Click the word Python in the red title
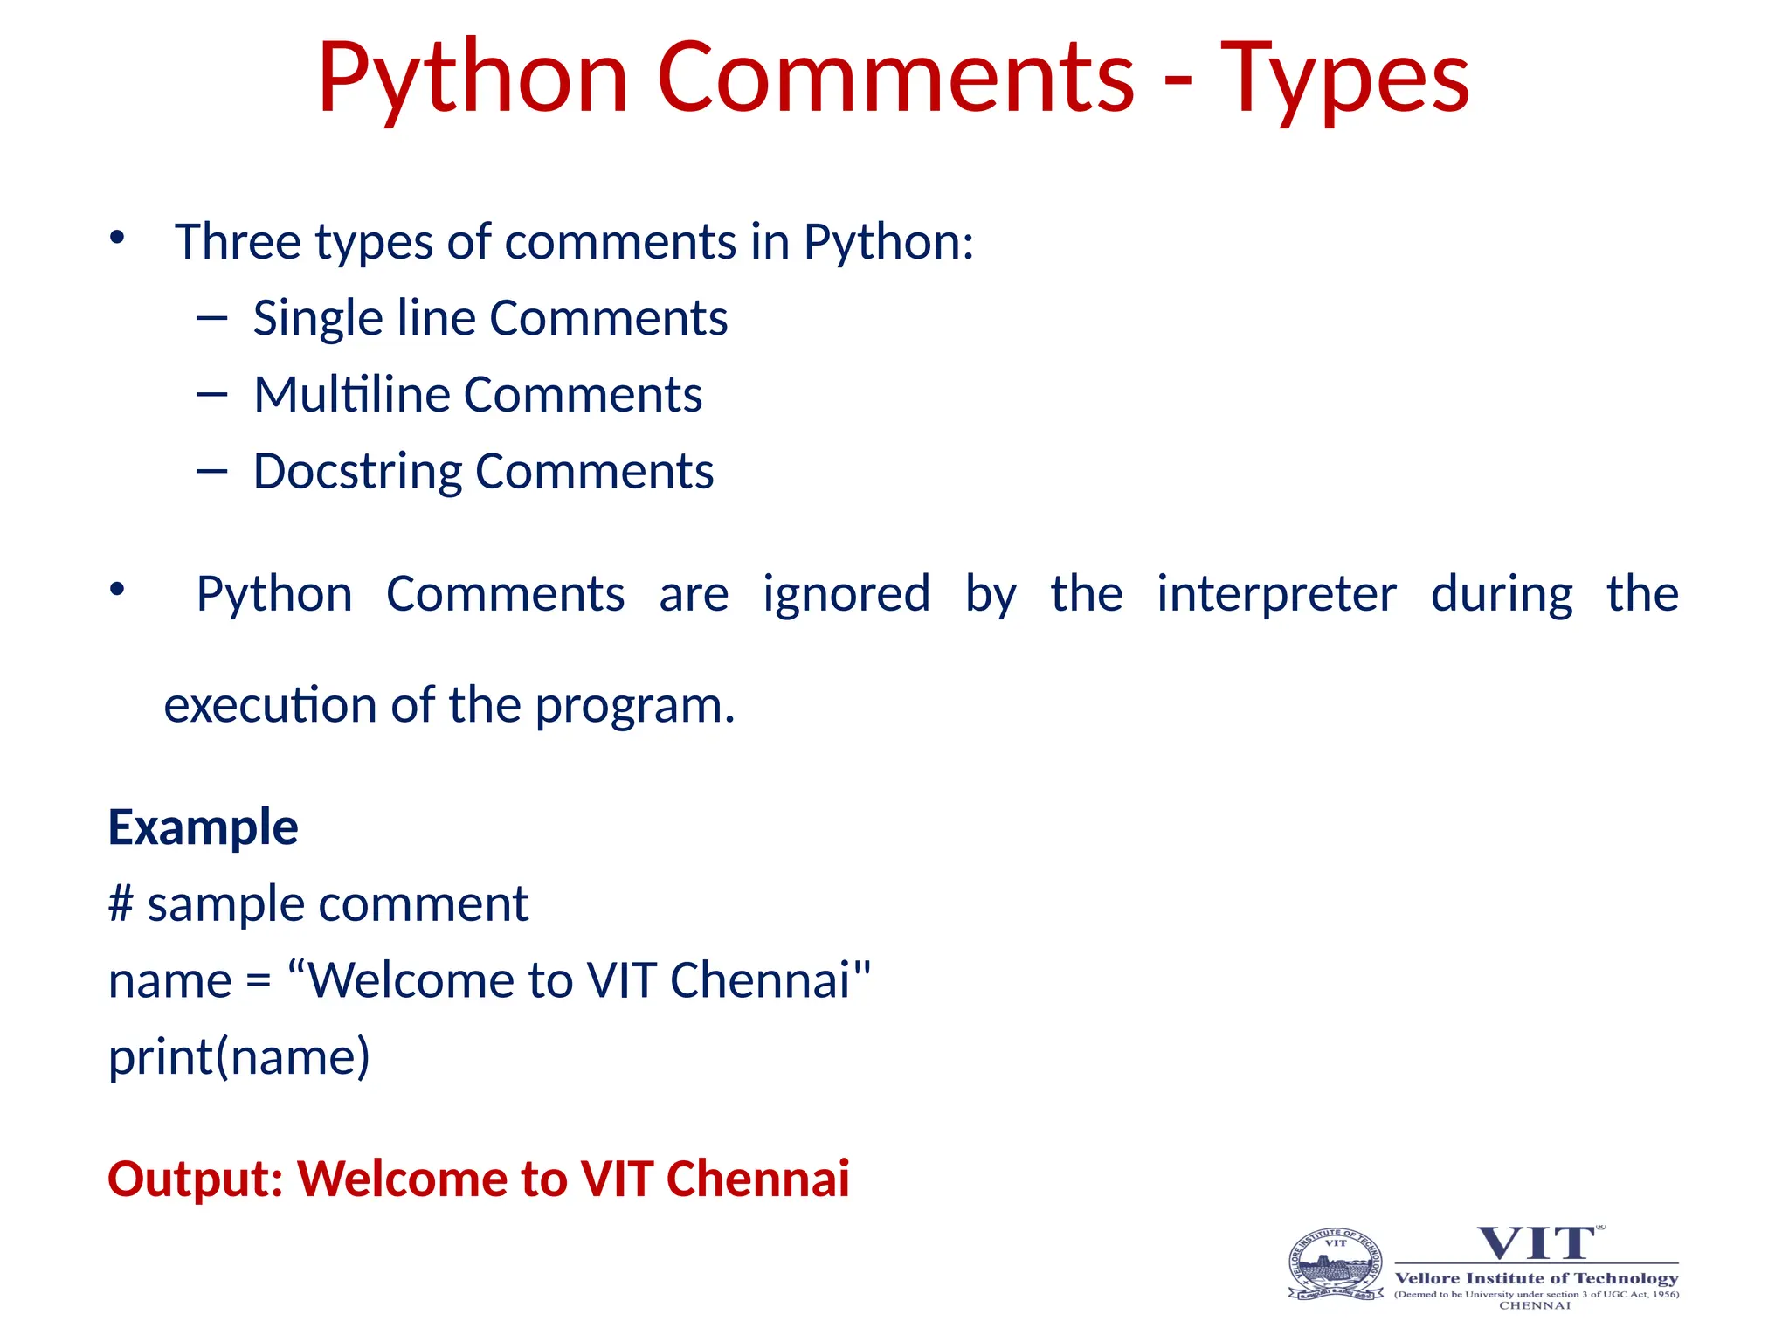click(473, 80)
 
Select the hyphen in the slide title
click(1178, 83)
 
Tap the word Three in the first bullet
click(237, 242)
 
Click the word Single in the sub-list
click(317, 319)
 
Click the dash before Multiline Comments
click(212, 395)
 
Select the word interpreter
click(1276, 594)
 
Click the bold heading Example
click(203, 827)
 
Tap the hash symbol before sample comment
click(121, 903)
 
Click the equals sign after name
click(259, 981)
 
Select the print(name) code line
click(239, 1057)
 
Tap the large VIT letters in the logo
click(1537, 1243)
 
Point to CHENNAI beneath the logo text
click(1535, 1306)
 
